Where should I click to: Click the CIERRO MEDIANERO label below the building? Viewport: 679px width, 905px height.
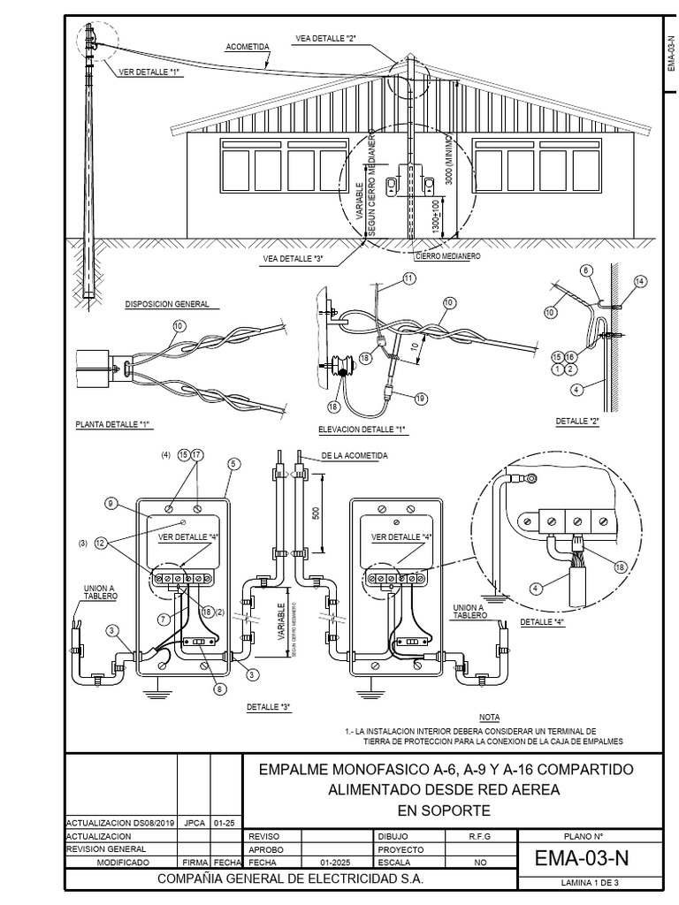coord(447,255)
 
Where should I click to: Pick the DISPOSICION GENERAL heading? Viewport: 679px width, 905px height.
coord(167,304)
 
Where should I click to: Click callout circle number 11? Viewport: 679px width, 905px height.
coord(408,278)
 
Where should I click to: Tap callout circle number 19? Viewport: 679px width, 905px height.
coord(420,399)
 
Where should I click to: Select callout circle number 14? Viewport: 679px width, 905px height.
coord(640,281)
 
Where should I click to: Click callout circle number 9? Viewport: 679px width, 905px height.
coord(112,503)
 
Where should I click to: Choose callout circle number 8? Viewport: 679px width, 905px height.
coord(219,688)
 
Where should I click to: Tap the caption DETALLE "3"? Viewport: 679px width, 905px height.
coord(269,707)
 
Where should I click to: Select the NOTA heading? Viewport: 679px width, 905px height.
coord(489,717)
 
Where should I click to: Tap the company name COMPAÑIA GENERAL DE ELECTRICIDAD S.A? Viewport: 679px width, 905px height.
coord(290,879)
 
